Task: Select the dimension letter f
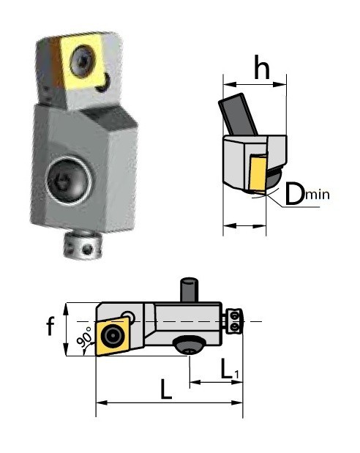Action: (x=50, y=326)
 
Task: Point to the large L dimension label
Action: (x=166, y=389)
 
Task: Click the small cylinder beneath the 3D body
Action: (x=83, y=246)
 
